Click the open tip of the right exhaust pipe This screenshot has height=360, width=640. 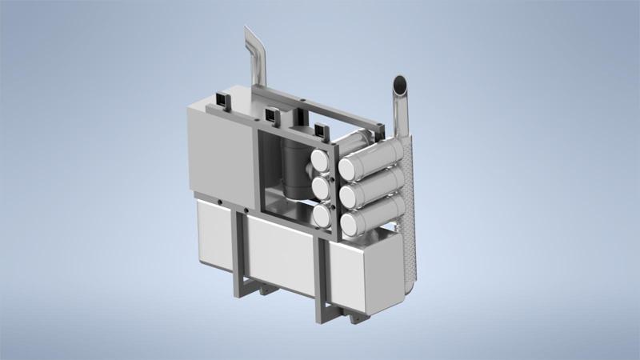pos(399,83)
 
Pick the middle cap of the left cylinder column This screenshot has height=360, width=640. pos(321,188)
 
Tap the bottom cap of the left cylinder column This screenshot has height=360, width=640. pos(322,215)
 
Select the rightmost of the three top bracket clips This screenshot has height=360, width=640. pos(322,130)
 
